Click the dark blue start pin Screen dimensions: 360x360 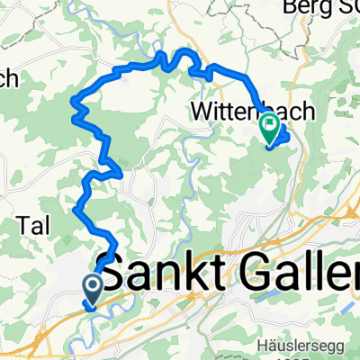[93, 288]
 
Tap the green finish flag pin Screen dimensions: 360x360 [269, 130]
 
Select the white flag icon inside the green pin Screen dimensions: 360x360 [269, 127]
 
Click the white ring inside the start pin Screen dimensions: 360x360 [93, 285]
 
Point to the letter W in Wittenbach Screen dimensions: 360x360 [201, 112]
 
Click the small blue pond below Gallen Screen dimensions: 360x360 [266, 296]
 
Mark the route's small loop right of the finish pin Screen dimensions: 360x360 [283, 137]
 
